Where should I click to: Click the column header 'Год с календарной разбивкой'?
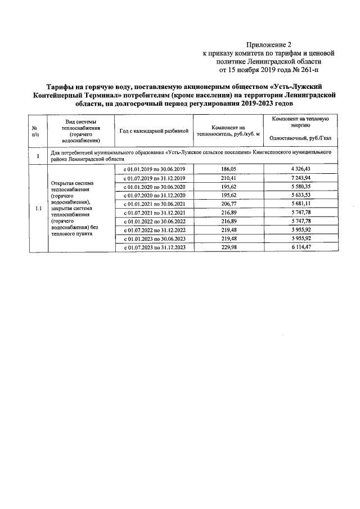(154, 131)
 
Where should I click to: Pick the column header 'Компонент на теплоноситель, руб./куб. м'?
(228, 131)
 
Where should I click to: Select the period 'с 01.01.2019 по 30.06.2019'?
(154, 169)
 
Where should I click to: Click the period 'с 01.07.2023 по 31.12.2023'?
(154, 247)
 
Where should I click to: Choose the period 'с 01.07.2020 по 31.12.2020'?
(154, 195)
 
